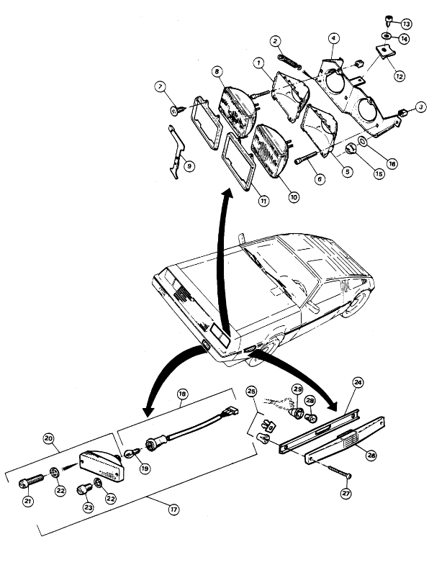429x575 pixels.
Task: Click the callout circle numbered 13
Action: pyautogui.click(x=405, y=24)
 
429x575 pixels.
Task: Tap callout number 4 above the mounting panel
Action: pyautogui.click(x=333, y=38)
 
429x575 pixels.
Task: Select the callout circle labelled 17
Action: pyautogui.click(x=173, y=510)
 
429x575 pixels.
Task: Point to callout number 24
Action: pyautogui.click(x=358, y=382)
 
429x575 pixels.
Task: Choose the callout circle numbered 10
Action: pyautogui.click(x=294, y=197)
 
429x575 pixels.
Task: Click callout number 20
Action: pyautogui.click(x=49, y=438)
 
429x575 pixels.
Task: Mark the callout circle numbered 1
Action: pyautogui.click(x=259, y=63)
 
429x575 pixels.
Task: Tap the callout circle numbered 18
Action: pyautogui.click(x=182, y=394)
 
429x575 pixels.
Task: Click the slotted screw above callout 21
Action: pyautogui.click(x=31, y=481)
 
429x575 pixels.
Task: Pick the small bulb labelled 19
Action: pyautogui.click(x=132, y=453)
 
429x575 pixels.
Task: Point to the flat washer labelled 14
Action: pyautogui.click(x=387, y=36)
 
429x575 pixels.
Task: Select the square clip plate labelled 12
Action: pyautogui.click(x=385, y=51)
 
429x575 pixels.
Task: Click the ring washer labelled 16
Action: pyautogui.click(x=361, y=141)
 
